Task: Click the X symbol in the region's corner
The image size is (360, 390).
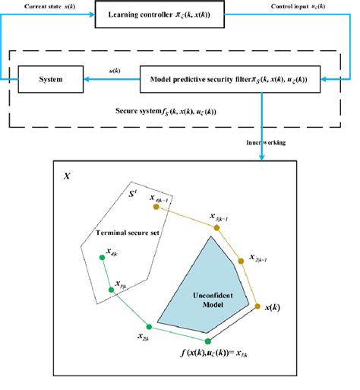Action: click(x=68, y=175)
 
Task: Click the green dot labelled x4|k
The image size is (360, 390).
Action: click(x=102, y=258)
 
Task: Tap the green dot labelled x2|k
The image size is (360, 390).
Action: click(x=149, y=327)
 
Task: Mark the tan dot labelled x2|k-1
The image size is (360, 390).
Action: click(x=242, y=260)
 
